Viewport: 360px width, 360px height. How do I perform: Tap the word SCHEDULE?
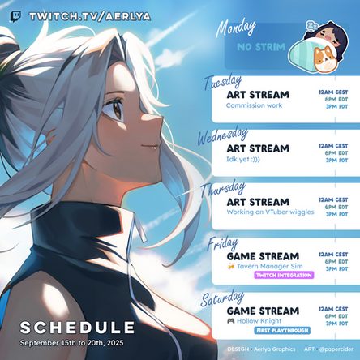77,327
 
